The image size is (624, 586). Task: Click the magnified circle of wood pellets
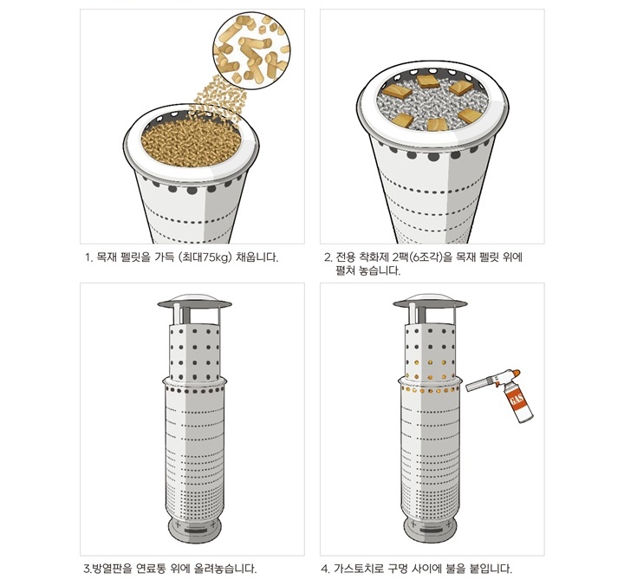click(x=251, y=51)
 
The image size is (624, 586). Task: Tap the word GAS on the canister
click(x=516, y=400)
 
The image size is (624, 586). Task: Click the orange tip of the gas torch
click(x=516, y=373)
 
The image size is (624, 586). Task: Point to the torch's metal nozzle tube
click(x=480, y=384)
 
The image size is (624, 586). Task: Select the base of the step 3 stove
click(x=194, y=528)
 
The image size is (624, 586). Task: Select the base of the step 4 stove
click(x=430, y=528)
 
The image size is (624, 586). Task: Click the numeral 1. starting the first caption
click(x=88, y=257)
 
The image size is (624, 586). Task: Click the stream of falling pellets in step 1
click(x=218, y=94)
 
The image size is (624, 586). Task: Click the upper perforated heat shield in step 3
click(x=194, y=353)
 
